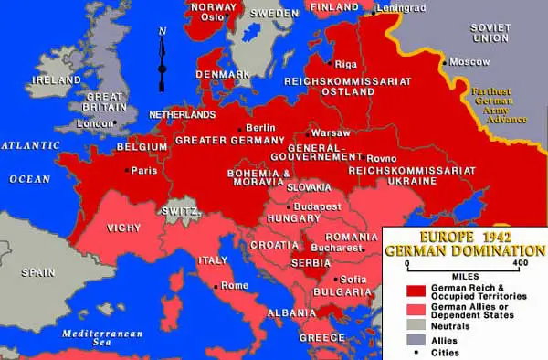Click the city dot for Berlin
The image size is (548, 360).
tap(240, 129)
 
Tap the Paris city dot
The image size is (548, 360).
tap(128, 170)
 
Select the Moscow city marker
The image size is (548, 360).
tap(443, 63)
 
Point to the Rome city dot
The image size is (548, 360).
tap(216, 286)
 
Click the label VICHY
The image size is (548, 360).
tap(124, 227)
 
